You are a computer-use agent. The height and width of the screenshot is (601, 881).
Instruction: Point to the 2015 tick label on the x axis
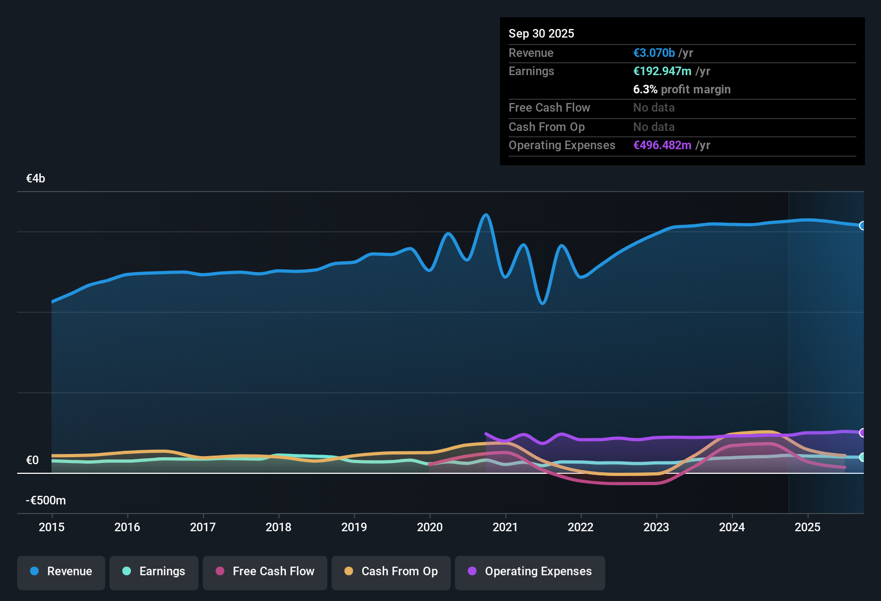52,527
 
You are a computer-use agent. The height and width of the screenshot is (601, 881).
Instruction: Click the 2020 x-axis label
430,527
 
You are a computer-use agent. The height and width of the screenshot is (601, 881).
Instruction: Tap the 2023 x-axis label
656,527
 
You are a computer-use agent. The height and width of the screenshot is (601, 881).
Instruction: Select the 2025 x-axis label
808,527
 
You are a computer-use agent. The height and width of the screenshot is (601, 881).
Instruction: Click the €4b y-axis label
35,179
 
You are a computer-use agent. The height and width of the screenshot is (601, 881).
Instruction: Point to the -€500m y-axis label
46,500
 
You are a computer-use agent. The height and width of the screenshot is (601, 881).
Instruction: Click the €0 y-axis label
32,460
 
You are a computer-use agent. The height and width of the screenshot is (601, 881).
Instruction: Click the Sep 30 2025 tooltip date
541,34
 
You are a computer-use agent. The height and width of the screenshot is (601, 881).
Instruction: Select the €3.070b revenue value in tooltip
654,53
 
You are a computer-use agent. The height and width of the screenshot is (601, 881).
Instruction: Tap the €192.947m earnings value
662,71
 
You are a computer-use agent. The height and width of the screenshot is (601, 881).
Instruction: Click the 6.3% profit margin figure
645,90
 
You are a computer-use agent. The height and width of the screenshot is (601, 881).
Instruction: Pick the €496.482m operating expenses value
662,145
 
